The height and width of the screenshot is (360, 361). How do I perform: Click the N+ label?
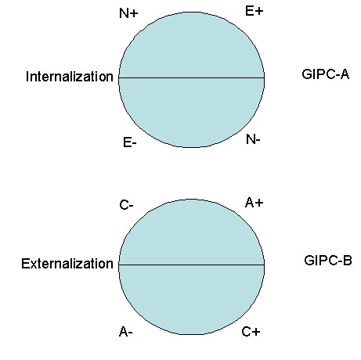click(128, 13)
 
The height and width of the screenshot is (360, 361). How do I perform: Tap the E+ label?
click(255, 11)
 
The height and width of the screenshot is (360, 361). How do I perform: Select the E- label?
click(130, 143)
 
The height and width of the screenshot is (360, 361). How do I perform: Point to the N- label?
click(253, 140)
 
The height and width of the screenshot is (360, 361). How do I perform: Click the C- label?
click(126, 205)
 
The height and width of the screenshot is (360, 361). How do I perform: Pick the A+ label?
click(255, 203)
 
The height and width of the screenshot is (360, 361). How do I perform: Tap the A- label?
click(126, 332)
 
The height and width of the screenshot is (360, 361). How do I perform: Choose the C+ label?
click(251, 332)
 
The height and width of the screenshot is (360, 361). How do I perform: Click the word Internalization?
click(70, 77)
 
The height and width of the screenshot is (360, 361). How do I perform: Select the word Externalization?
click(67, 264)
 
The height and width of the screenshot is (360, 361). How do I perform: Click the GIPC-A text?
click(325, 74)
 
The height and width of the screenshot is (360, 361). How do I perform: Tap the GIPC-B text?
click(328, 261)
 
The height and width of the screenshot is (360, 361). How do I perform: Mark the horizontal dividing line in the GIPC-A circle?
click(192, 77)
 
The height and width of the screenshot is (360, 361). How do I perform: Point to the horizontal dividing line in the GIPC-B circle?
click(192, 265)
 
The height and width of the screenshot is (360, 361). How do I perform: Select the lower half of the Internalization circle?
click(192, 111)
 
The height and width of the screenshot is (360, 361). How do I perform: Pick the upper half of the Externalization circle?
click(192, 233)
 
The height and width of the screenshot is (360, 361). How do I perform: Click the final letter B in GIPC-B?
click(348, 261)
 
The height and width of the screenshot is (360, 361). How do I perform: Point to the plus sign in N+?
click(134, 13)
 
